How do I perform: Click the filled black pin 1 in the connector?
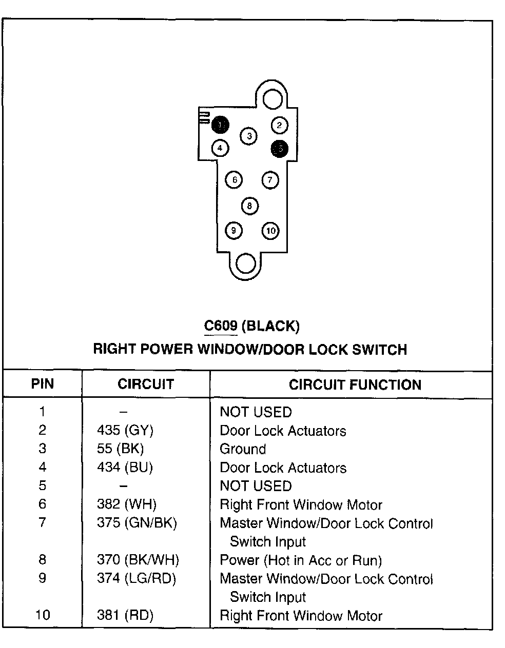[x=221, y=125]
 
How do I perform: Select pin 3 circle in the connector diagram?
[x=249, y=136]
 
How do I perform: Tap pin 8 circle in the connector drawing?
[x=249, y=206]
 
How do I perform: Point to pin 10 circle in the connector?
[x=270, y=231]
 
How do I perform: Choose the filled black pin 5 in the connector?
[x=280, y=149]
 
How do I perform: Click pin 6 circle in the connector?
[x=234, y=180]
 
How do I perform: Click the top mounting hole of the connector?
[x=273, y=98]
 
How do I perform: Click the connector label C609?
[x=220, y=326]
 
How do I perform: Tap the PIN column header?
[x=42, y=384]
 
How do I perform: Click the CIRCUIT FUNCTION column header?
[x=355, y=385]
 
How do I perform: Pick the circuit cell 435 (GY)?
[x=125, y=431]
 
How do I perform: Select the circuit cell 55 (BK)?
[x=121, y=449]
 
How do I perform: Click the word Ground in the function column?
[x=243, y=449]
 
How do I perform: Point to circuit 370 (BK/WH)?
[x=138, y=560]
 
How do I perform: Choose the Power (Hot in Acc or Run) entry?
[x=301, y=560]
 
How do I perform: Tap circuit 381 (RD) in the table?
[x=125, y=615]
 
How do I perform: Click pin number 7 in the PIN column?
[x=42, y=523]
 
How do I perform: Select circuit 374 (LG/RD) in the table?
[x=137, y=579]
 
